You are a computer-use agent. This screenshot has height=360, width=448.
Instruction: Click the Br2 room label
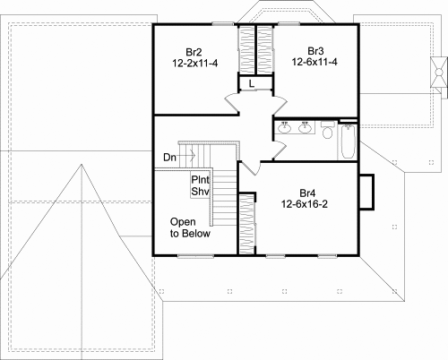(194, 52)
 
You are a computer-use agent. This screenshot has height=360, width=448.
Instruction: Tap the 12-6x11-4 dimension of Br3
(314, 62)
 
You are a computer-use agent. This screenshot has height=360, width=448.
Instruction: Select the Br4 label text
(307, 193)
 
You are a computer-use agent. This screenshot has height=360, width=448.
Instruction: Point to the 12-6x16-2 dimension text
(305, 204)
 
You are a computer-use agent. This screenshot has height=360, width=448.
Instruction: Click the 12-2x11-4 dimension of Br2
(195, 64)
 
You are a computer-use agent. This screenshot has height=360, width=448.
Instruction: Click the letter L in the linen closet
(252, 84)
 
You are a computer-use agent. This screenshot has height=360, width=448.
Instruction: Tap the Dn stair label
(169, 158)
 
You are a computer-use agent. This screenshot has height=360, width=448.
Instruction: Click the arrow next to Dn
(186, 156)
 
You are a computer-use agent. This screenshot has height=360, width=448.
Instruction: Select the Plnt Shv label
(200, 185)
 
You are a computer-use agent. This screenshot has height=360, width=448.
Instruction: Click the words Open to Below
(190, 227)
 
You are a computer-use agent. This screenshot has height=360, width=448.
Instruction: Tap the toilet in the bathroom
(327, 130)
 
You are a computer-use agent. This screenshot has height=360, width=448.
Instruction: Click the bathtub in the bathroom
(348, 141)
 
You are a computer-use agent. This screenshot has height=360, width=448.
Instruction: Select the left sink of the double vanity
(284, 128)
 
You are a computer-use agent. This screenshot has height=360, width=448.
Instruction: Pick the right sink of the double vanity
(305, 128)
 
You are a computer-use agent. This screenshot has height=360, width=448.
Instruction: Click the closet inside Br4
(247, 224)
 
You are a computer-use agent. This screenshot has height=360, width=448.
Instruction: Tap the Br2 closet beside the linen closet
(246, 49)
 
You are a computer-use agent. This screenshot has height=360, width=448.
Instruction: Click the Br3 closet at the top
(265, 49)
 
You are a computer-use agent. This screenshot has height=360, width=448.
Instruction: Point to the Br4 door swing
(251, 168)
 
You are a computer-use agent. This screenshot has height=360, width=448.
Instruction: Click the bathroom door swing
(280, 150)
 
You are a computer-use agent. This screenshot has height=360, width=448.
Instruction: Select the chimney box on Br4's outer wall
(367, 192)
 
